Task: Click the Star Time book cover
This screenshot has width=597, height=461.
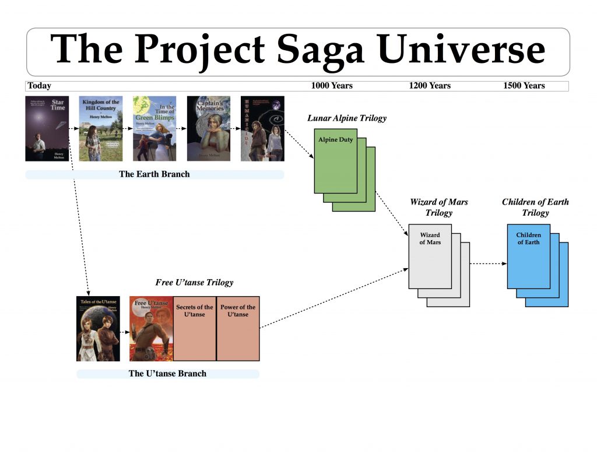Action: click(x=47, y=129)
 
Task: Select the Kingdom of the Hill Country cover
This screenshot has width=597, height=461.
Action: click(x=100, y=129)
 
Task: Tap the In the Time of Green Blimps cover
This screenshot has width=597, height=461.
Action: click(x=154, y=129)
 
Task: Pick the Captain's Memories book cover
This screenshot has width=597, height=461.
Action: click(x=208, y=129)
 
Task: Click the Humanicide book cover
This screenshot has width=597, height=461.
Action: click(x=262, y=129)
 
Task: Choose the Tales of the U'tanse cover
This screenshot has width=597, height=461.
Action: click(x=98, y=328)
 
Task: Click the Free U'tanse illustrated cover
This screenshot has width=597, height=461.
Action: click(x=151, y=328)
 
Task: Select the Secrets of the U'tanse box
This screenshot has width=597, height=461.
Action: click(x=195, y=328)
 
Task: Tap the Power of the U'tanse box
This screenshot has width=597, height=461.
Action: click(x=238, y=328)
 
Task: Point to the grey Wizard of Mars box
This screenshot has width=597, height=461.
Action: click(x=430, y=256)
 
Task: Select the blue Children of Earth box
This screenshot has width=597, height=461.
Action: click(x=528, y=256)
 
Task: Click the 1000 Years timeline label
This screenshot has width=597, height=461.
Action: click(x=332, y=86)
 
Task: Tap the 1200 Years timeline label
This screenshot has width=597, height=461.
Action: click(x=430, y=86)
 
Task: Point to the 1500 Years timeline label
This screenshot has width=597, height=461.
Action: click(x=524, y=86)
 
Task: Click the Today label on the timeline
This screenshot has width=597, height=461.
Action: click(x=40, y=86)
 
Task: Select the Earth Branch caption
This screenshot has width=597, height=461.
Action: click(x=154, y=174)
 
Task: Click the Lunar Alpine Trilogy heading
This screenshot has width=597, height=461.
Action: click(x=347, y=118)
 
